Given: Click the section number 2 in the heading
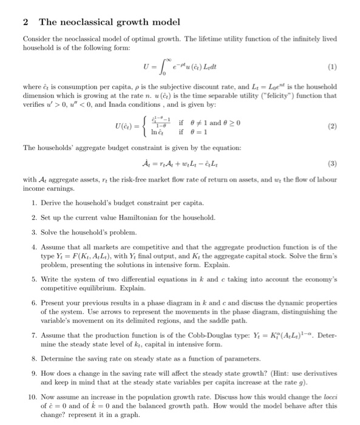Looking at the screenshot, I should tap(25, 22).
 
